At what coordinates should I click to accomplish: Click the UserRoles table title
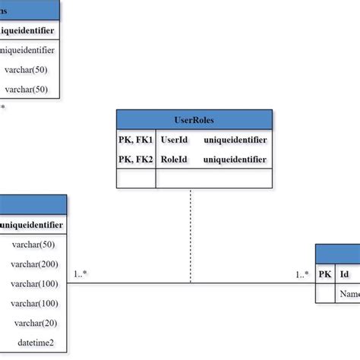coord(194,120)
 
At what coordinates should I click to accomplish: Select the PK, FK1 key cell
coord(135,141)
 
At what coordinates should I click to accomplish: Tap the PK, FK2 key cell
coord(135,159)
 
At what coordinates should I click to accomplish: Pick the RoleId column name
coord(174,159)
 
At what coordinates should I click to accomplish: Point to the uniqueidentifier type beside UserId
coord(235,141)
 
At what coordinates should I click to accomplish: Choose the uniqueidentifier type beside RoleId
coord(235,159)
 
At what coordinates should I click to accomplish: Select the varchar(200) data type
coord(33,264)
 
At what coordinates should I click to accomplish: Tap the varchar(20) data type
coord(33,324)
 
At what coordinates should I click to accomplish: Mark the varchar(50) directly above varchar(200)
coord(33,245)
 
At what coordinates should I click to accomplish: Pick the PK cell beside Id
coord(325,274)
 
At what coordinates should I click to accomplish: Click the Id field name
coord(345,274)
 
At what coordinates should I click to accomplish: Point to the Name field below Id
coord(349,294)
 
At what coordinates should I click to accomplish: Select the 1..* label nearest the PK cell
coord(302,275)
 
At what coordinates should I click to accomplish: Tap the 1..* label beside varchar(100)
coord(81,275)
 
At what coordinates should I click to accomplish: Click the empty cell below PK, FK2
coord(135,178)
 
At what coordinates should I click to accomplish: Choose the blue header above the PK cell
coord(338,254)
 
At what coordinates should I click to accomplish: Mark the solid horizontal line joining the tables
coord(190,284)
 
